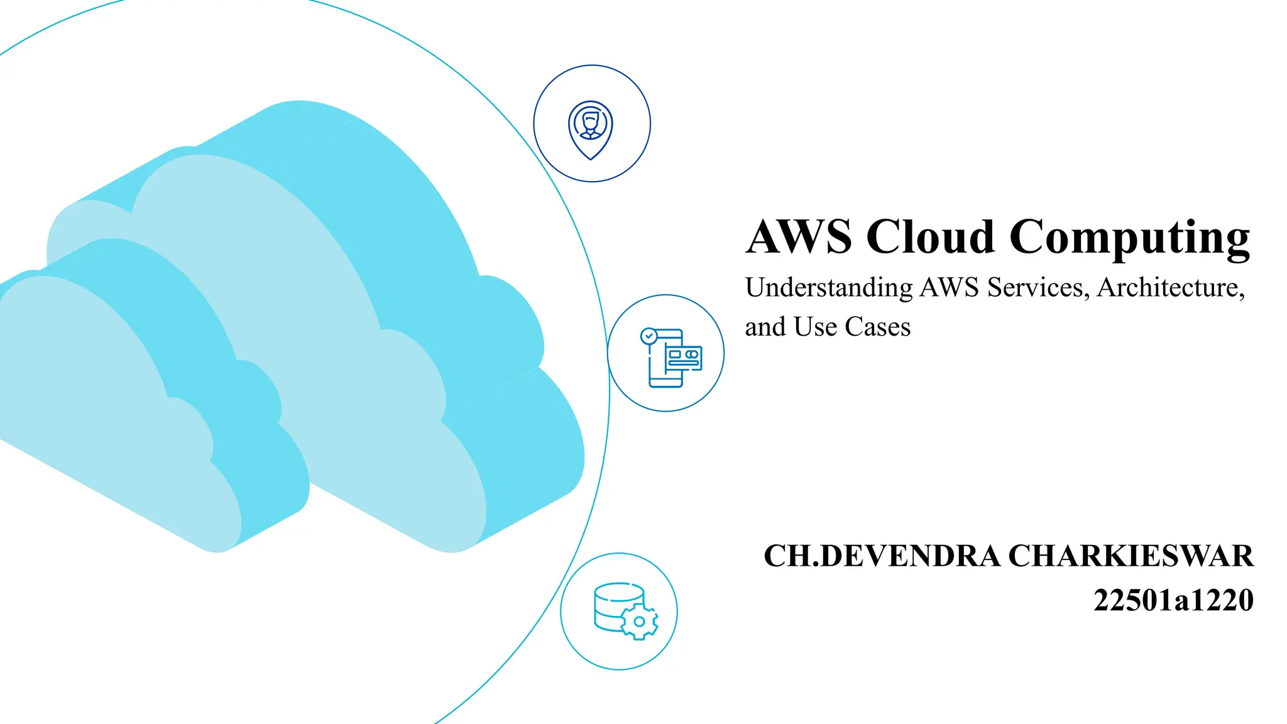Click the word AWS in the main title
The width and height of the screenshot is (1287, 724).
[798, 237]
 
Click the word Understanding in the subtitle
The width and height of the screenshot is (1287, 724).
[829, 288]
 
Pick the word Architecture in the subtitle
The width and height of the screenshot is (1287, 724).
[1171, 288]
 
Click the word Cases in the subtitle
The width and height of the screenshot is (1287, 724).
[877, 327]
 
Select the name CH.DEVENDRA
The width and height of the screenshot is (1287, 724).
[882, 556]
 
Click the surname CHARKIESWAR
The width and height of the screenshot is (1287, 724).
[1131, 556]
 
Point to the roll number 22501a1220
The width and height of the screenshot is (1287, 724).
[1173, 600]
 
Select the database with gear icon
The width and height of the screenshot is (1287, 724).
[625, 611]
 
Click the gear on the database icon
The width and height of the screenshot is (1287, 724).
[639, 622]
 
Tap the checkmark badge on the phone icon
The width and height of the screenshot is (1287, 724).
[649, 336]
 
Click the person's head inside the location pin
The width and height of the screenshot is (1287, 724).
[590, 119]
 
